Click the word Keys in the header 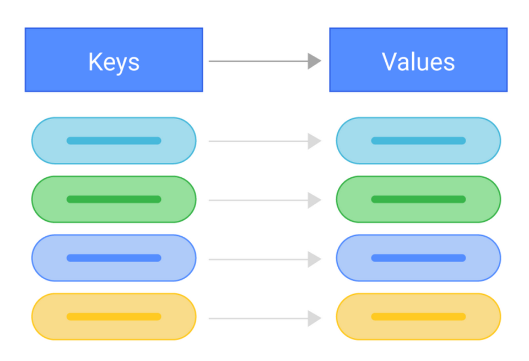[x=114, y=62]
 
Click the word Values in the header [x=418, y=62]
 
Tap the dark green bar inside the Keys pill [x=114, y=199]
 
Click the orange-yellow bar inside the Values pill [x=418, y=317]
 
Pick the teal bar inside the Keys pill [x=114, y=141]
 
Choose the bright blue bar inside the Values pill [x=418, y=258]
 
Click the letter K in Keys [x=95, y=62]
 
